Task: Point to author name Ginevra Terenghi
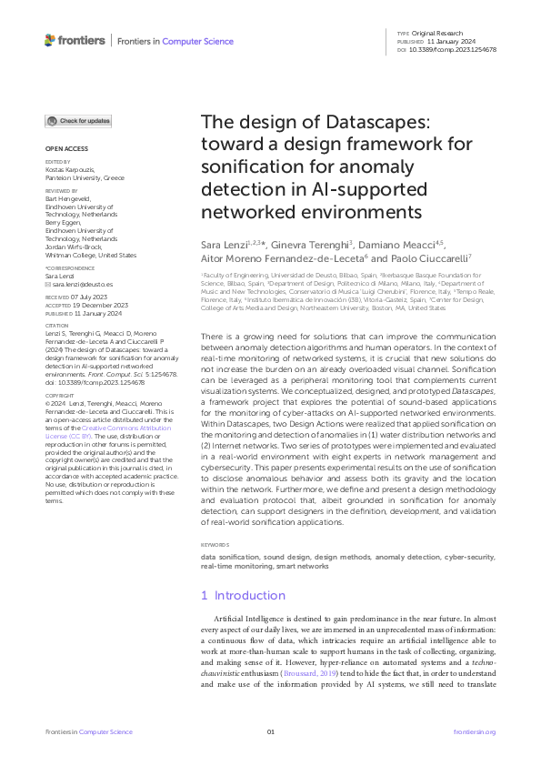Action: tap(313, 246)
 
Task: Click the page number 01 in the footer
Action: tap(270, 732)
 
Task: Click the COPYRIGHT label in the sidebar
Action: tap(60, 420)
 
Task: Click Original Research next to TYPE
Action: tap(443, 33)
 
